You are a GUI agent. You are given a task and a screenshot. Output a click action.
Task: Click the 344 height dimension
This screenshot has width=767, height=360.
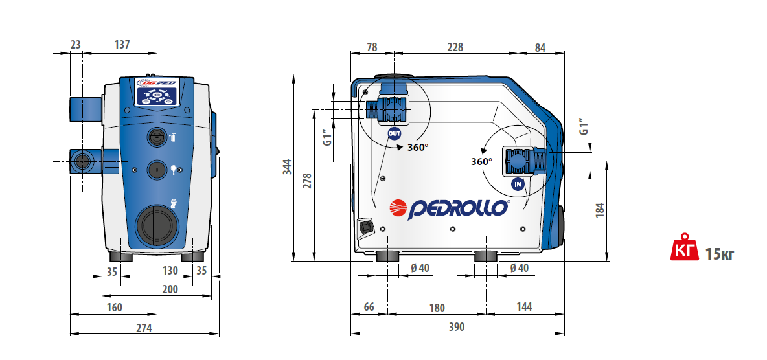click(x=288, y=167)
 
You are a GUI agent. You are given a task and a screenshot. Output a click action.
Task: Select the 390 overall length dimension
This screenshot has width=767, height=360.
click(x=457, y=327)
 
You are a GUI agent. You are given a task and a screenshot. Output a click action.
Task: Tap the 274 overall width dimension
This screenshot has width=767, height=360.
click(x=143, y=328)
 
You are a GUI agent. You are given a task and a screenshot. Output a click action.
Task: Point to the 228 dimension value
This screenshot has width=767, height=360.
click(x=454, y=47)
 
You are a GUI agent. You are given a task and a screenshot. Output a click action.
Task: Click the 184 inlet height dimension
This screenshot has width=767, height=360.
click(x=601, y=210)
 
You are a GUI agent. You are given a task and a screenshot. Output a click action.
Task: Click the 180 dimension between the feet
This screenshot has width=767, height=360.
click(x=437, y=308)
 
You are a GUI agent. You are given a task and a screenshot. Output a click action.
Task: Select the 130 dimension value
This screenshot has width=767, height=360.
click(x=170, y=271)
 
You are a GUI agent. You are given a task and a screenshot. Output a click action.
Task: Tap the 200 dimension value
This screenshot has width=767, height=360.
click(x=170, y=289)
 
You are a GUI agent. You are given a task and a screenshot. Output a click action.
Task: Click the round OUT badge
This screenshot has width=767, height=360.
click(x=395, y=133)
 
